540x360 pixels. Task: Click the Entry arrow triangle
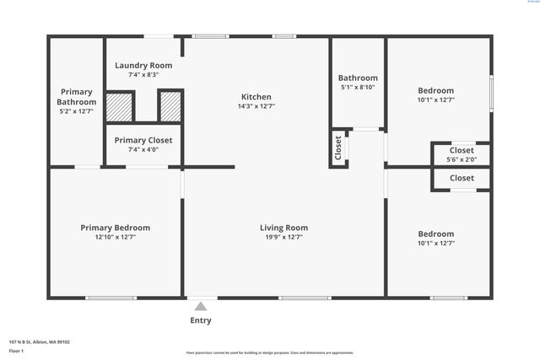pyautogui.click(x=200, y=306)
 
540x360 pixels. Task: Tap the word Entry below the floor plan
pyautogui.click(x=201, y=320)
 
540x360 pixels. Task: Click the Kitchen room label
pyautogui.click(x=256, y=95)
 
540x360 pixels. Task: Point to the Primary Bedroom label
pyautogui.click(x=116, y=228)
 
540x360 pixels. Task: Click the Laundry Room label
pyautogui.click(x=143, y=65)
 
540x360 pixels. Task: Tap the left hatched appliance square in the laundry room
pyautogui.click(x=119, y=106)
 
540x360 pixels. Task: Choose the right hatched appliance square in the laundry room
pyautogui.click(x=170, y=106)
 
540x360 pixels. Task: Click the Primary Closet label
pyautogui.click(x=143, y=140)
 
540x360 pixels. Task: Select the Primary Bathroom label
pyautogui.click(x=77, y=97)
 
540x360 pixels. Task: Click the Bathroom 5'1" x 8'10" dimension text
pyautogui.click(x=358, y=87)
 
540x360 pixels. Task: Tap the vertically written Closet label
pyautogui.click(x=338, y=148)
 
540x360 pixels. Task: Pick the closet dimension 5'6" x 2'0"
pyautogui.click(x=462, y=159)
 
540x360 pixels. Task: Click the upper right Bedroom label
pyautogui.click(x=436, y=90)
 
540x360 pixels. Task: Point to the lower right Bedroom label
pyautogui.click(x=436, y=234)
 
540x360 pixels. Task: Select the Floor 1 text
pyautogui.click(x=16, y=350)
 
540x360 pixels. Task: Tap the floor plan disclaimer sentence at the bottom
pyautogui.click(x=270, y=352)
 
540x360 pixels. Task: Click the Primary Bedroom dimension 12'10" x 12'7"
pyautogui.click(x=116, y=238)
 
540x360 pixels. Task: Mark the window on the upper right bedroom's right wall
pyautogui.click(x=491, y=92)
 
